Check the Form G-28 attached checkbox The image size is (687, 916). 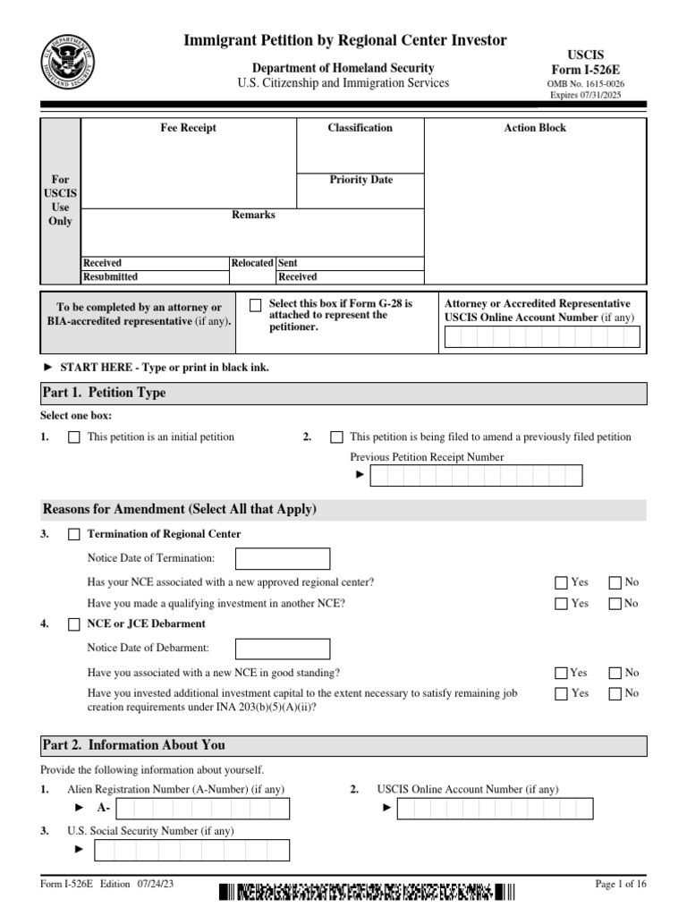pyautogui.click(x=257, y=305)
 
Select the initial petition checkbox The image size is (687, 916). pyautogui.click(x=74, y=437)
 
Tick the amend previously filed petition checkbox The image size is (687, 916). pyautogui.click(x=336, y=437)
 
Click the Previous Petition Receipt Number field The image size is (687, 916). pyautogui.click(x=476, y=475)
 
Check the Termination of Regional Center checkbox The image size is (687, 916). pyautogui.click(x=74, y=535)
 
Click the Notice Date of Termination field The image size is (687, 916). pyautogui.click(x=282, y=559)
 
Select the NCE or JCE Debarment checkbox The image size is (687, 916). pyautogui.click(x=74, y=624)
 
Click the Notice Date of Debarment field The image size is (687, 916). pyautogui.click(x=282, y=649)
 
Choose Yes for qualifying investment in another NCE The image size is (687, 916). pyautogui.click(x=562, y=604)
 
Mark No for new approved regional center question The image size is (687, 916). pyautogui.click(x=615, y=582)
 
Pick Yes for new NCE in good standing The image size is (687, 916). pyautogui.click(x=562, y=673)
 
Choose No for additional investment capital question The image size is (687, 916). pyautogui.click(x=615, y=693)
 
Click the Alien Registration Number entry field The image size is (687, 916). pyautogui.click(x=203, y=809)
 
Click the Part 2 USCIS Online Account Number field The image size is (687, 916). pyautogui.click(x=495, y=809)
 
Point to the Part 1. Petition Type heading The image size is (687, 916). pyautogui.click(x=105, y=393)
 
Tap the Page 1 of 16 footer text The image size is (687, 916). pyautogui.click(x=620, y=885)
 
